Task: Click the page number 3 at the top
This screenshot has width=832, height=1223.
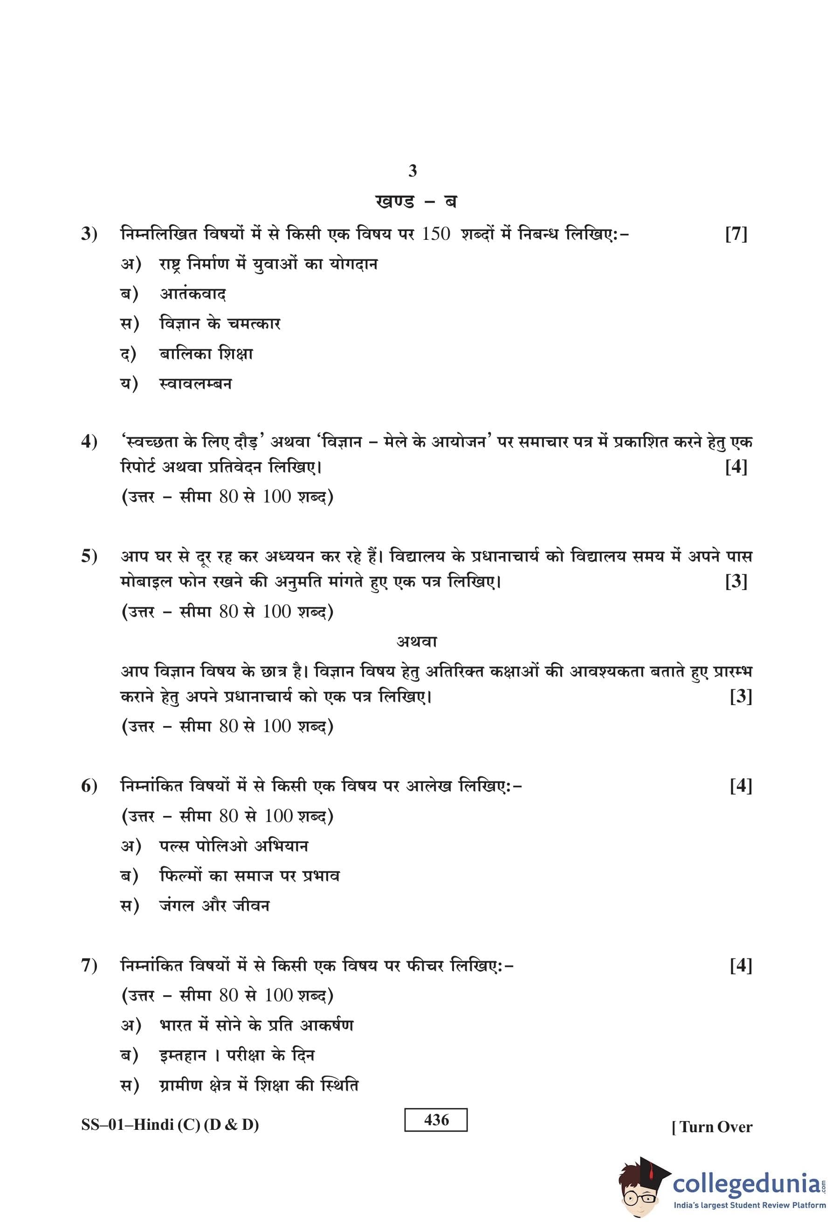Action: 413,170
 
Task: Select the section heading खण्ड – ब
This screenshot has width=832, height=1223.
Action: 415,202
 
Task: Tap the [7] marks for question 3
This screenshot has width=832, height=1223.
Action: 736,234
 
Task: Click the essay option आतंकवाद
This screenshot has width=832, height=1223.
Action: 193,294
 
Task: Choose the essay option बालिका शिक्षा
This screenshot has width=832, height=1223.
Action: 206,353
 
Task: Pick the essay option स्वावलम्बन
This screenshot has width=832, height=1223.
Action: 195,384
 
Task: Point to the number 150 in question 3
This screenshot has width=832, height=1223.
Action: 435,234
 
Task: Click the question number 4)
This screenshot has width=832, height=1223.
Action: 89,442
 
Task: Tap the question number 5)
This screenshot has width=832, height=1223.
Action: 89,556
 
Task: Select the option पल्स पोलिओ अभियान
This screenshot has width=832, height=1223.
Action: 234,846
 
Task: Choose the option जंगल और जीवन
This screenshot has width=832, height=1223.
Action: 214,906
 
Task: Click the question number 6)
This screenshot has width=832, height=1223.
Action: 89,786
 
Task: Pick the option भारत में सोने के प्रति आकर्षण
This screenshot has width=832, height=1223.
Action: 256,1025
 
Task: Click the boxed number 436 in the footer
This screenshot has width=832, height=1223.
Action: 436,1120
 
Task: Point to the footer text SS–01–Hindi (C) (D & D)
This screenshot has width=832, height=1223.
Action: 170,1125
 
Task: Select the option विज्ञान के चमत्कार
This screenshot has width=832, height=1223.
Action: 220,324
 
